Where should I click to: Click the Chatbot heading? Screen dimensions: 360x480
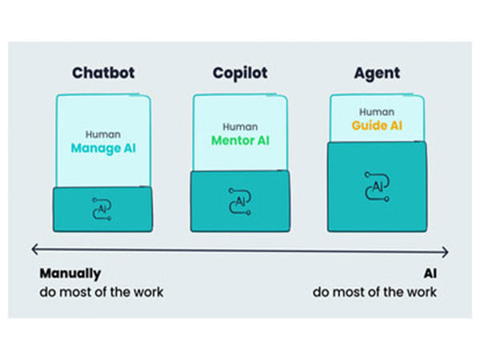click(x=103, y=74)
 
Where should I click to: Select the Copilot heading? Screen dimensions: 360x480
click(x=240, y=74)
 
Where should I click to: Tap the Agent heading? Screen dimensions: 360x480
click(x=377, y=74)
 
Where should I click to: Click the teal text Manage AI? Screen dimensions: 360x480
click(x=103, y=149)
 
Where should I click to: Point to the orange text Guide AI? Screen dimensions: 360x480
click(x=377, y=126)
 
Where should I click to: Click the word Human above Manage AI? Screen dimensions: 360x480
click(x=103, y=134)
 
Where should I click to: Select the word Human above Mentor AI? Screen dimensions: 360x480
click(x=240, y=126)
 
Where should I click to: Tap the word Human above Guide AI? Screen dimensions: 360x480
click(x=377, y=113)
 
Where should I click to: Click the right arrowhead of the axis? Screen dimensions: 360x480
click(x=446, y=251)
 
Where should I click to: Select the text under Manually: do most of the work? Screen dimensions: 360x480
click(x=102, y=292)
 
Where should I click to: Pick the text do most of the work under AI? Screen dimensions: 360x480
click(x=374, y=292)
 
